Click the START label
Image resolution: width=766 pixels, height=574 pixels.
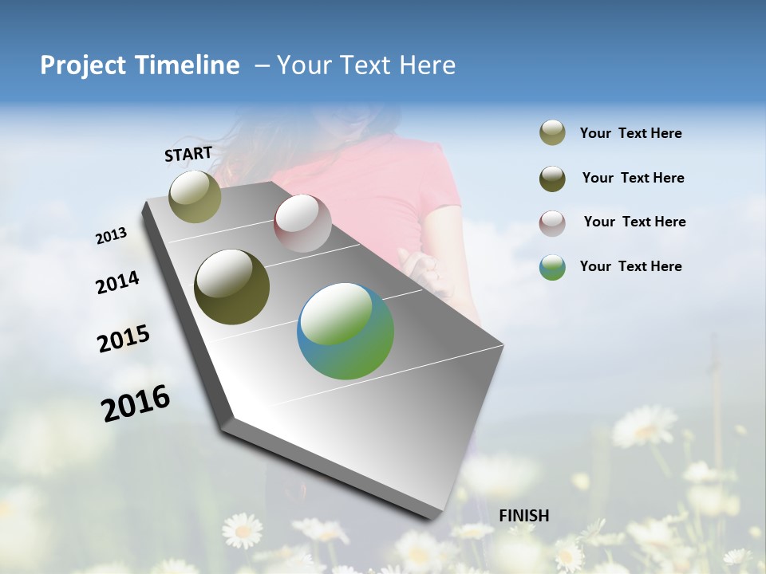(x=188, y=153)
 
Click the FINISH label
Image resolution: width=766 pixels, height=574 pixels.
(x=524, y=516)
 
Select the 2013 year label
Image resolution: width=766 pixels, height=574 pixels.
(x=111, y=236)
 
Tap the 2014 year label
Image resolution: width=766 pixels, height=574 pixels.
(x=117, y=283)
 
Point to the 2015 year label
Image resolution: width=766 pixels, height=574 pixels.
(x=124, y=339)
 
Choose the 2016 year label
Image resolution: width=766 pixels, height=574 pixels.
(x=136, y=403)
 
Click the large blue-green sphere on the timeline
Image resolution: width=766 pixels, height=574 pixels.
(x=345, y=331)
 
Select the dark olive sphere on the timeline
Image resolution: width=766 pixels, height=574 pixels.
(x=232, y=287)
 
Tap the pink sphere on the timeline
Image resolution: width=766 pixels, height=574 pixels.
(x=302, y=223)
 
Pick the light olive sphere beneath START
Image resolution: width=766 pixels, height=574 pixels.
(x=195, y=196)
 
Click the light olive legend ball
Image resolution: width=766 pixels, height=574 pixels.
(x=552, y=133)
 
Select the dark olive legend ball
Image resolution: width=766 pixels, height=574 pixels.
(x=552, y=179)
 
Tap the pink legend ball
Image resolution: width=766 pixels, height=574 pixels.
(x=552, y=222)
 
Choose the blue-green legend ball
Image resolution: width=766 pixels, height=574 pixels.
(x=552, y=267)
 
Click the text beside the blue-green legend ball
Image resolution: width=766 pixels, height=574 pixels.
(x=631, y=266)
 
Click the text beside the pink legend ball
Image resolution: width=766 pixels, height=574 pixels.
(x=634, y=222)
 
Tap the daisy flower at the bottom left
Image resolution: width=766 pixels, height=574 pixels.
(x=242, y=530)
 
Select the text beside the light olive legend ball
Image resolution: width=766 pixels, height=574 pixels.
(x=631, y=133)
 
